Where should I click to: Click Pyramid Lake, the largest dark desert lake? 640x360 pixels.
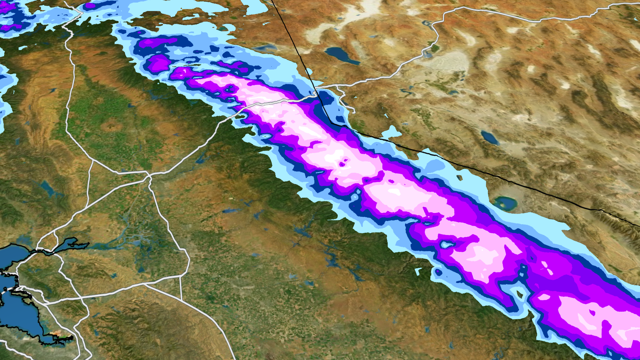click(x=342, y=55)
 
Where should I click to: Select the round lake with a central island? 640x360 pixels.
click(x=505, y=203)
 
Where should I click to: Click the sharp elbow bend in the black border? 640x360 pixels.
click(x=331, y=123)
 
